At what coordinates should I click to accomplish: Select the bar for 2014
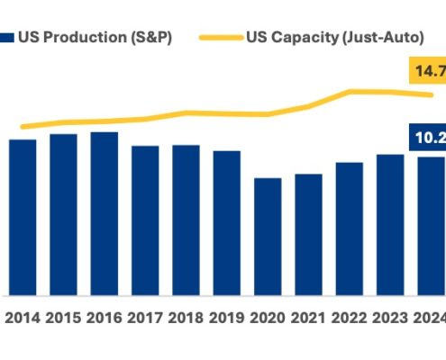tap(23, 217)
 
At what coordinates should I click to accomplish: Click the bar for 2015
tap(63, 214)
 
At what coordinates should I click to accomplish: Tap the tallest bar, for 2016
tap(104, 213)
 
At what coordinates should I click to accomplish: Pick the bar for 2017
tap(145, 220)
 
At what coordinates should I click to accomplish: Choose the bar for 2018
tap(186, 220)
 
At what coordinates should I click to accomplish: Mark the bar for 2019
tap(226, 222)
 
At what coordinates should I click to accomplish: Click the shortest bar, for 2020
tap(268, 237)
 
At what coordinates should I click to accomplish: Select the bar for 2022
tap(349, 229)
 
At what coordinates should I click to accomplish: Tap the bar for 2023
tap(390, 224)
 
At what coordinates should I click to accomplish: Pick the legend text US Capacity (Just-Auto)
tap(341, 38)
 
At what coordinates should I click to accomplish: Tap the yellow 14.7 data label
tap(427, 70)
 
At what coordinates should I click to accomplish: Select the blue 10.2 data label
tap(427, 138)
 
